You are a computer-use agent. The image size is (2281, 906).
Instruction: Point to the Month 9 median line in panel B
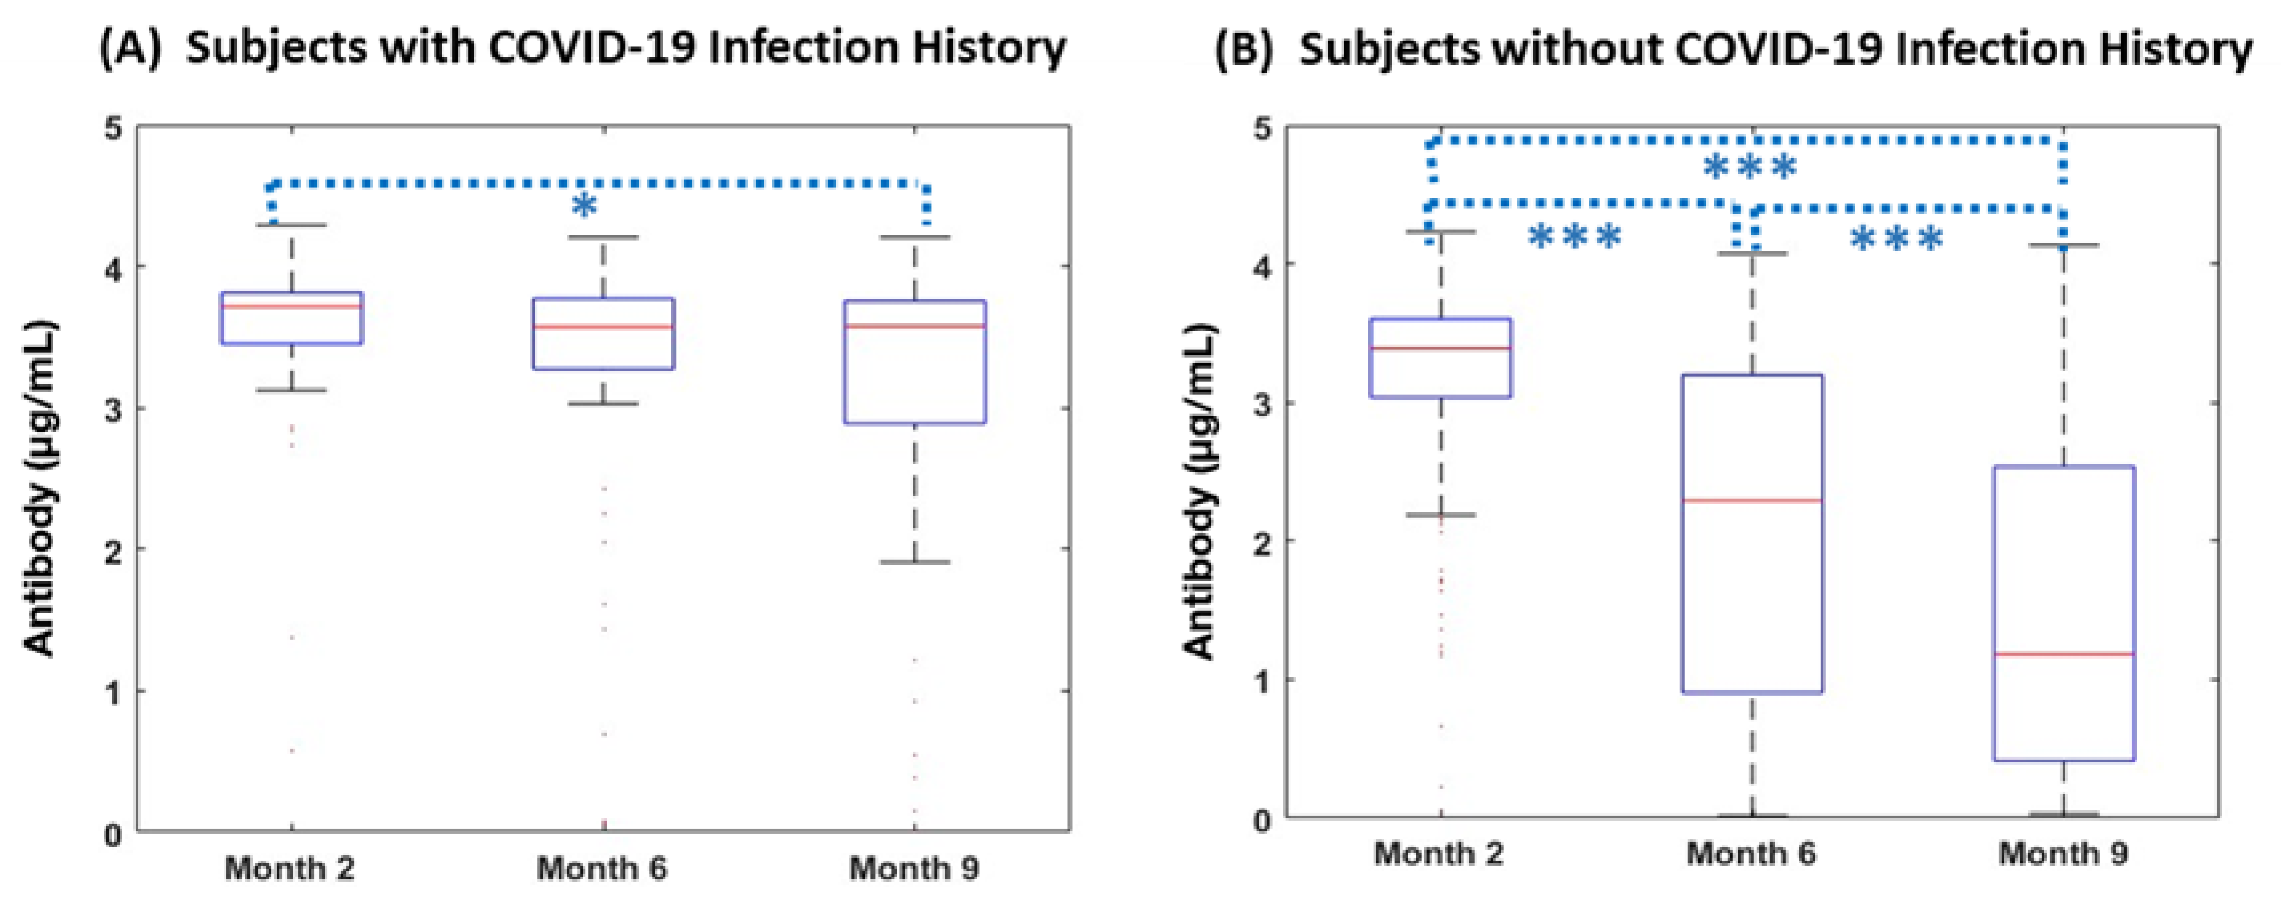point(2064,655)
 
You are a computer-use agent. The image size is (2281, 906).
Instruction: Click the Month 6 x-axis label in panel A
point(602,869)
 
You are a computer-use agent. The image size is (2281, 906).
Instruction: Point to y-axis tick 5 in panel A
point(113,128)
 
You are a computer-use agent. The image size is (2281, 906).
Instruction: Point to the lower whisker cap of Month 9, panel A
point(915,562)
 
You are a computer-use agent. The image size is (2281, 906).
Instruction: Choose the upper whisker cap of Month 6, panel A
point(603,237)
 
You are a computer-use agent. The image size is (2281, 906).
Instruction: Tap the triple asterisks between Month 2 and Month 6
point(1576,237)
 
